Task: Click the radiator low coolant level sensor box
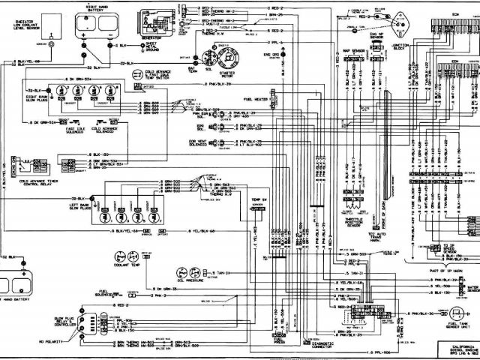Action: click(51, 25)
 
